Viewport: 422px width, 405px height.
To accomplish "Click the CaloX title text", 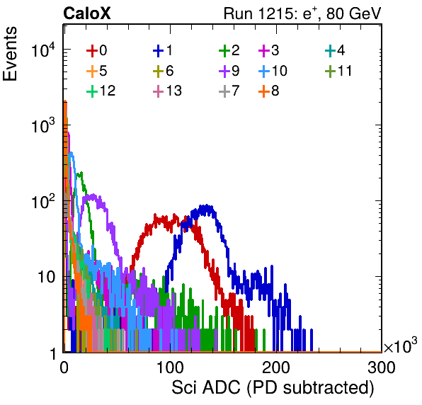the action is pos(87,13).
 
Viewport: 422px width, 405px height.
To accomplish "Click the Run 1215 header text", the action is pos(302,13).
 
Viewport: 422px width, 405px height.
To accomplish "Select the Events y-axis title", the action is pos(10,54).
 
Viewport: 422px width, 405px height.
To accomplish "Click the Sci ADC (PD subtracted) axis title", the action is pos(273,388).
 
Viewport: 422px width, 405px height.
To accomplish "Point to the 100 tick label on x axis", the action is pos(171,367).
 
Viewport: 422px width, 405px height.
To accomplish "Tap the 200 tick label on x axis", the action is pos(276,367).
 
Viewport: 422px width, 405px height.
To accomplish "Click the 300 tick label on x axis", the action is pos(382,367).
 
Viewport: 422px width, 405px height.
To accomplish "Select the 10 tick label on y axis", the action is pos(47,277).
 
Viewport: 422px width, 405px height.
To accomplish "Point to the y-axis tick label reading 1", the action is pos(52,353).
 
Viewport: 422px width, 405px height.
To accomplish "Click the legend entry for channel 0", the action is pos(96,50).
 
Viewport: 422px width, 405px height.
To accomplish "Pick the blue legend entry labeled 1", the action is pos(163,50).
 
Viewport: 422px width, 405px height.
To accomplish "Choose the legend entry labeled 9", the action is pos(229,71).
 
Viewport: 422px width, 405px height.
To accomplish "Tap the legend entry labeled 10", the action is pos(273,71).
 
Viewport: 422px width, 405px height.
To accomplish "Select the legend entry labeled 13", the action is pos(167,91).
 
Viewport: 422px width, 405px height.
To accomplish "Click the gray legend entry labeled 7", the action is pos(229,91).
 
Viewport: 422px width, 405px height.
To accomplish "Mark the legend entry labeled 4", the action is pos(335,50).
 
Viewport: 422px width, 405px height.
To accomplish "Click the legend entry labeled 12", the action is pos(101,91).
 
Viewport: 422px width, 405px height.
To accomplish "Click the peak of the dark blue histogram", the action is pos(207,205).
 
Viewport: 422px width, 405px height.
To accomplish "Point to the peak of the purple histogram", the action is pos(93,195).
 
